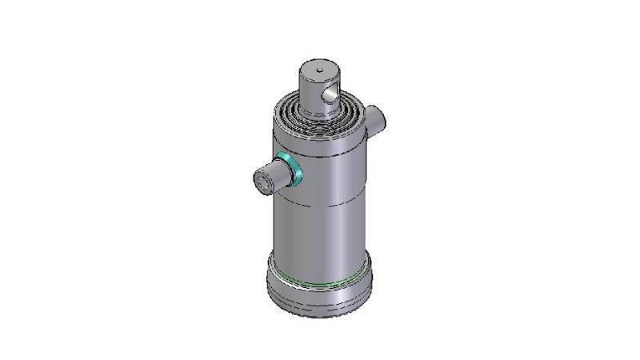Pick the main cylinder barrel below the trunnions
coord(320,232)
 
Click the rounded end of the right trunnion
coord(385,116)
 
